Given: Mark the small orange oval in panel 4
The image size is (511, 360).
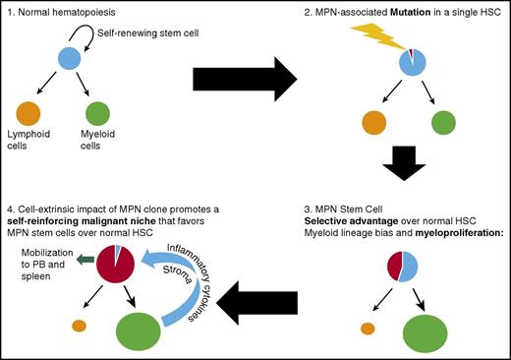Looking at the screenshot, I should tap(76, 325).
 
